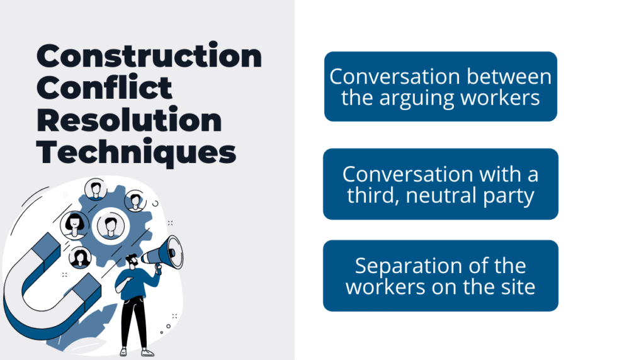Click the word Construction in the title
(x=149, y=57)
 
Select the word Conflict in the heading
(x=105, y=88)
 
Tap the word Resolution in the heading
(x=129, y=120)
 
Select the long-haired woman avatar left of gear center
(x=75, y=224)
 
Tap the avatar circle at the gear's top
(x=96, y=189)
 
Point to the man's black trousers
(x=134, y=321)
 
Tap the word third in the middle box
(x=371, y=196)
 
